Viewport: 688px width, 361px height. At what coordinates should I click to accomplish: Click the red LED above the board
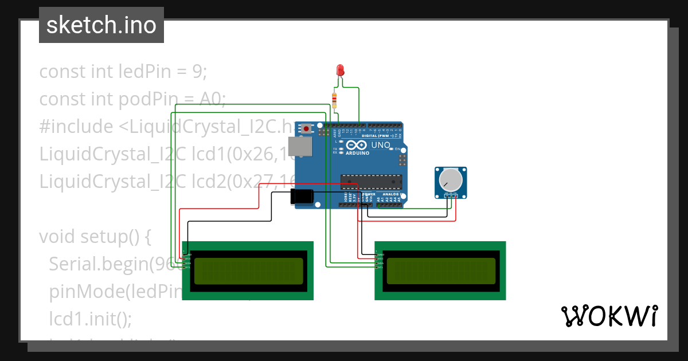click(340, 70)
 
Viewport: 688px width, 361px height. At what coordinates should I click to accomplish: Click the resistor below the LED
click(335, 100)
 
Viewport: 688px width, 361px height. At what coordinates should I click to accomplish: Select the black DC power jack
click(302, 197)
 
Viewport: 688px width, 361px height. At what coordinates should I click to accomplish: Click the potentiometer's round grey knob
click(450, 180)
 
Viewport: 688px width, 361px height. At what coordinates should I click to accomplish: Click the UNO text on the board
click(381, 146)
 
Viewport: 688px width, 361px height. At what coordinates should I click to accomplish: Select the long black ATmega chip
click(369, 182)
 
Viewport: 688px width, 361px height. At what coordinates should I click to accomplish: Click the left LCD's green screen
click(248, 271)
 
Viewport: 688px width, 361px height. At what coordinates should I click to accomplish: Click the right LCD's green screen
click(441, 271)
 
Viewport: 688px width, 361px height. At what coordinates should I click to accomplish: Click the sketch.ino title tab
click(101, 25)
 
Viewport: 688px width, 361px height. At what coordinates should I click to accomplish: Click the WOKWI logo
click(608, 316)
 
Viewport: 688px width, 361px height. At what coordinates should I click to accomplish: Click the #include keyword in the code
click(76, 127)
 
